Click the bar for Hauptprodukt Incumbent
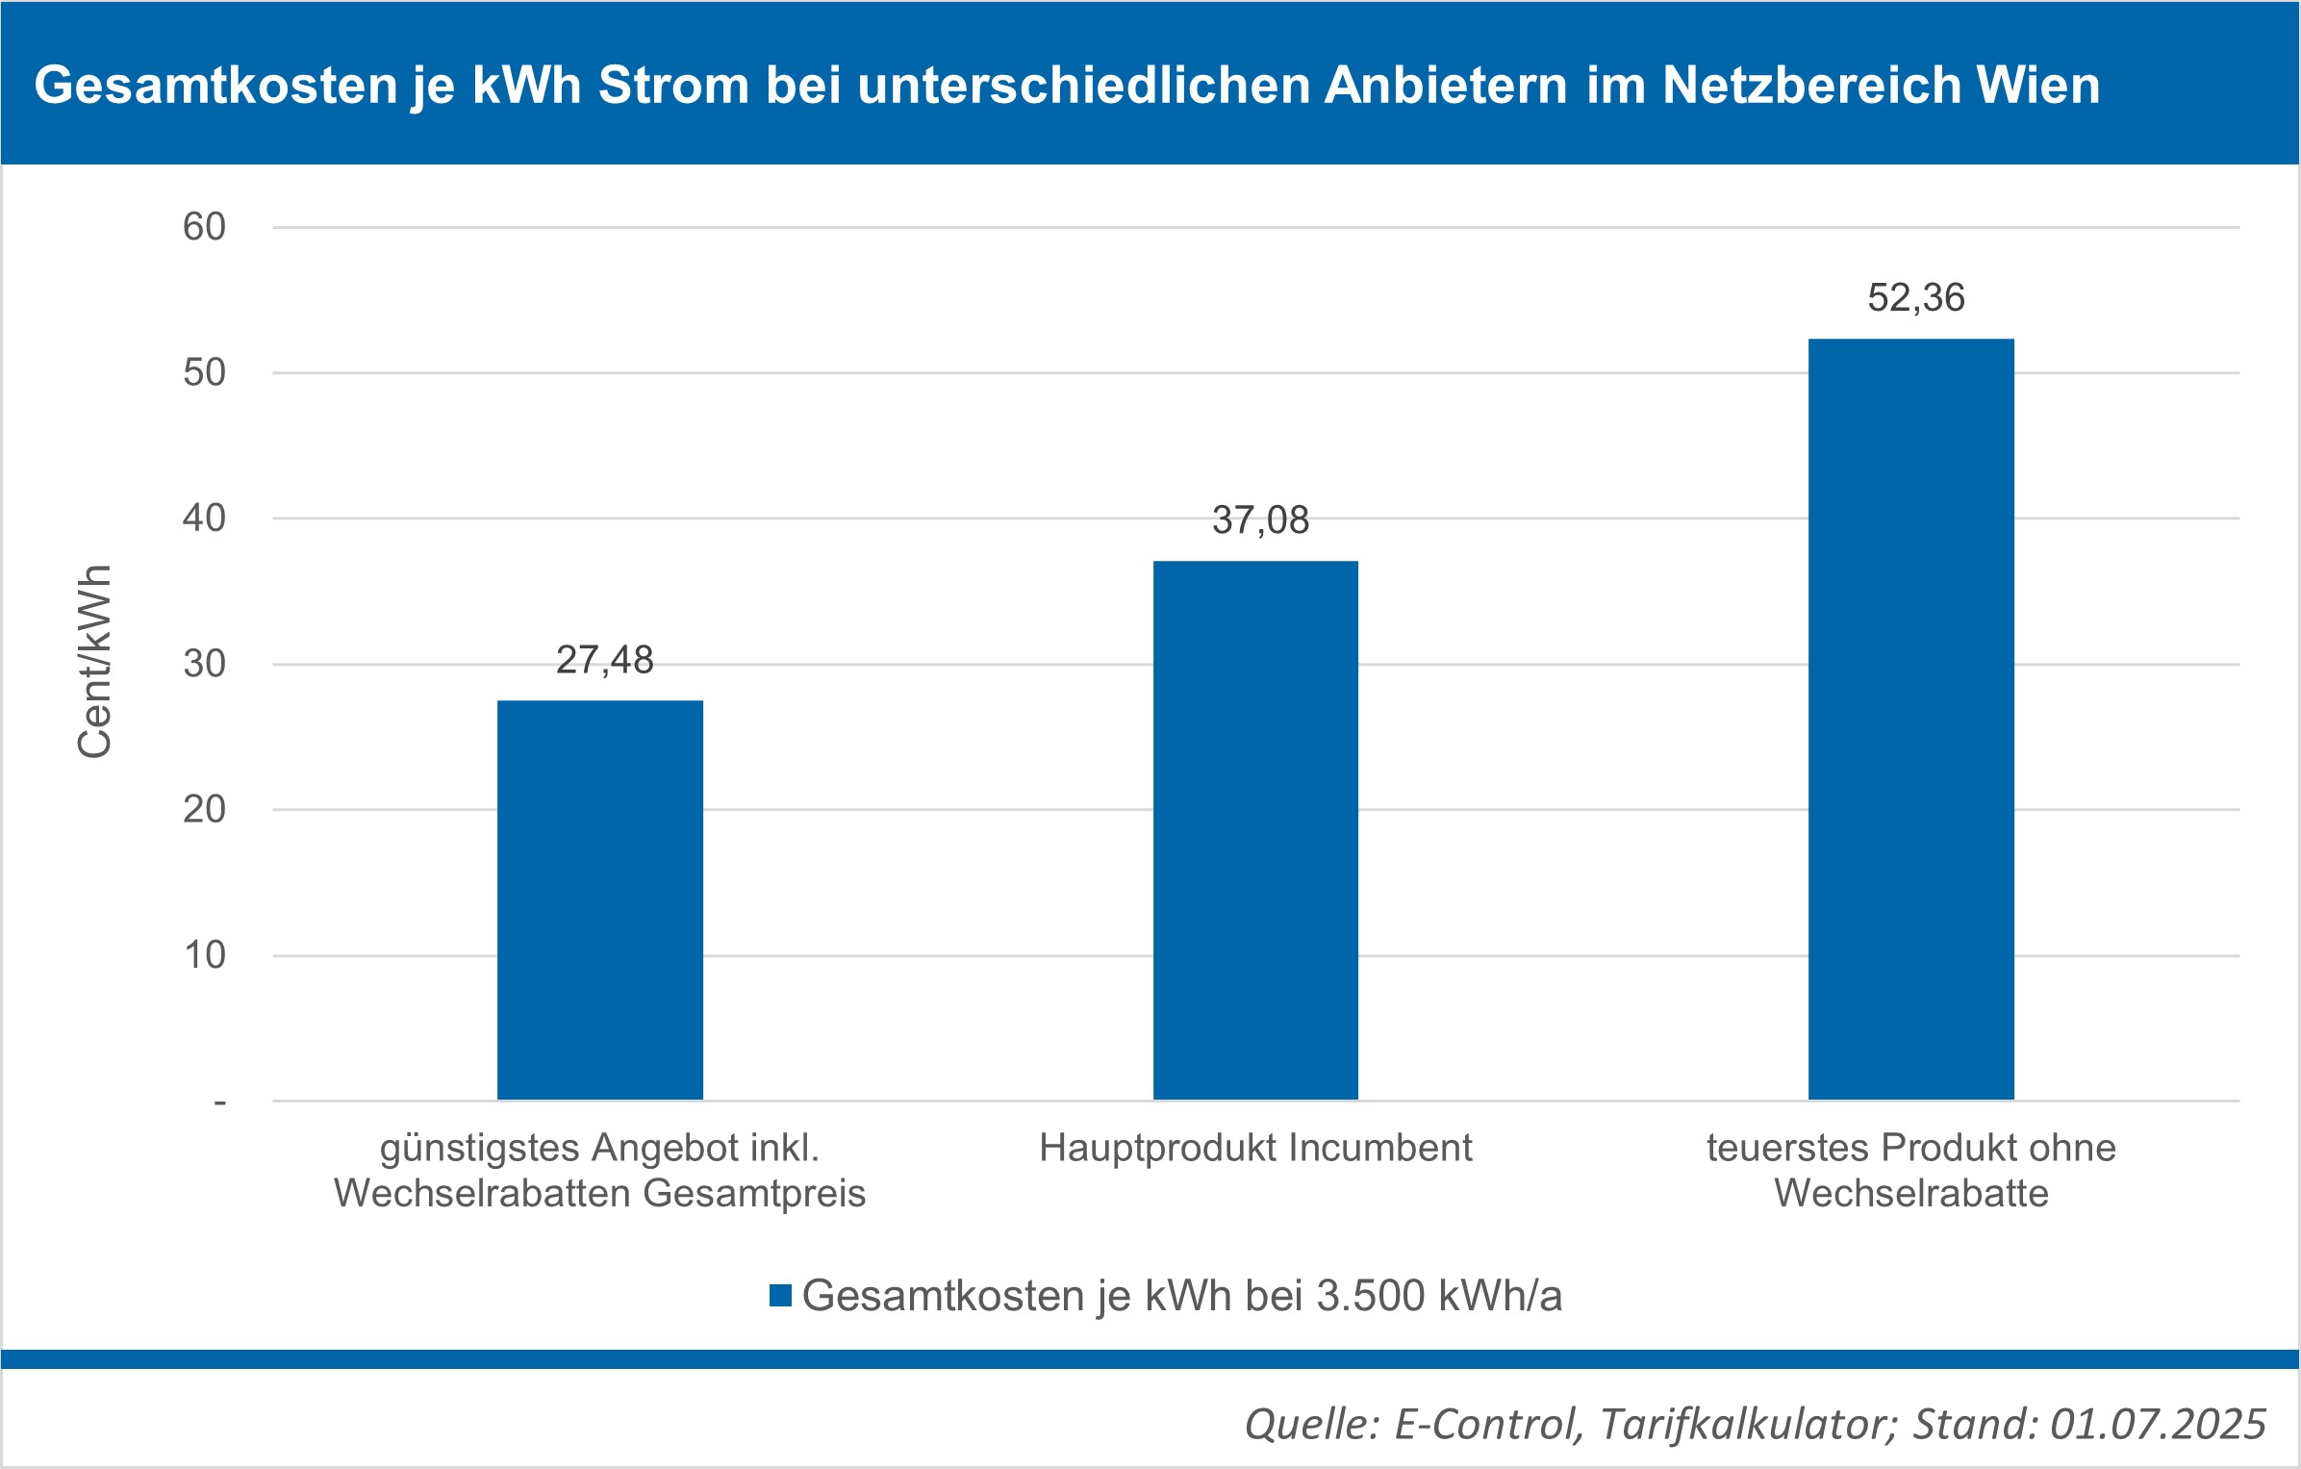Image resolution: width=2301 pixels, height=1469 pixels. coord(1255,829)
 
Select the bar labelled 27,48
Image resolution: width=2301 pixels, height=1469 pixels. coord(600,899)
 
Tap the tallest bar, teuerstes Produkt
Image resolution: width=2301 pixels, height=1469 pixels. coord(1910,719)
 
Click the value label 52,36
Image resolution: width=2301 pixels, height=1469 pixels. coord(1915,298)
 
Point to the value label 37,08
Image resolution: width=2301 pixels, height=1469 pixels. coord(1260,520)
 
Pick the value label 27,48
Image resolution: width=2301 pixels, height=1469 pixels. coord(604,660)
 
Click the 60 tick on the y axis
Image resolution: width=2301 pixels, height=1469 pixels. coord(204,227)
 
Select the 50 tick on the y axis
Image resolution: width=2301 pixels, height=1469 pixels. coord(204,372)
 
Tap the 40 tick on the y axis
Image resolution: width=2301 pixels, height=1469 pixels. coord(204,519)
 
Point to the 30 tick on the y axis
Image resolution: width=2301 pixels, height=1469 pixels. coord(204,664)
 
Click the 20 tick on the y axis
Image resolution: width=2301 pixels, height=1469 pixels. coord(204,810)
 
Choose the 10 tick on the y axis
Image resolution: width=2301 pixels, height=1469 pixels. coord(204,955)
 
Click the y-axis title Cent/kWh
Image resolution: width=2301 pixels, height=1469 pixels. coord(94,662)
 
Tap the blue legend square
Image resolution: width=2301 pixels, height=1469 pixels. coord(780,1295)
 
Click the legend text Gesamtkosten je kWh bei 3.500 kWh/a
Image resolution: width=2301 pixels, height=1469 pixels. coord(1181,1296)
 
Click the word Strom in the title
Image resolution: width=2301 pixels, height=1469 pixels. coord(673,85)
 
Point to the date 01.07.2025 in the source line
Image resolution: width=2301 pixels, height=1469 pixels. coord(2158,1424)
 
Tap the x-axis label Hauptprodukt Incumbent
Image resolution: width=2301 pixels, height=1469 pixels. coord(1255,1148)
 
